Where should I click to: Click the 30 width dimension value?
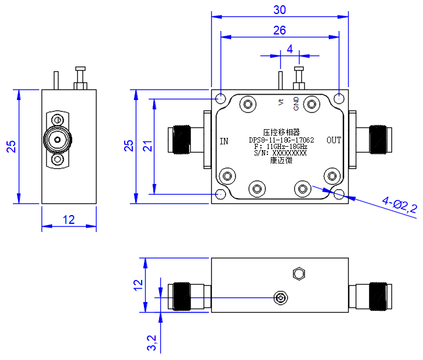[280, 10]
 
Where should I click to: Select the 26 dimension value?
[280, 30]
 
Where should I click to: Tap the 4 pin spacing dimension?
[290, 49]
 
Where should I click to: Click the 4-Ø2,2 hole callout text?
[400, 206]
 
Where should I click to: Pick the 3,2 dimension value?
[152, 342]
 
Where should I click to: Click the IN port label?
[224, 141]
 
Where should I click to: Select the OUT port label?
[334, 140]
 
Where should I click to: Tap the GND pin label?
[296, 104]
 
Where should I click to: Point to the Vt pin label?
[281, 102]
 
